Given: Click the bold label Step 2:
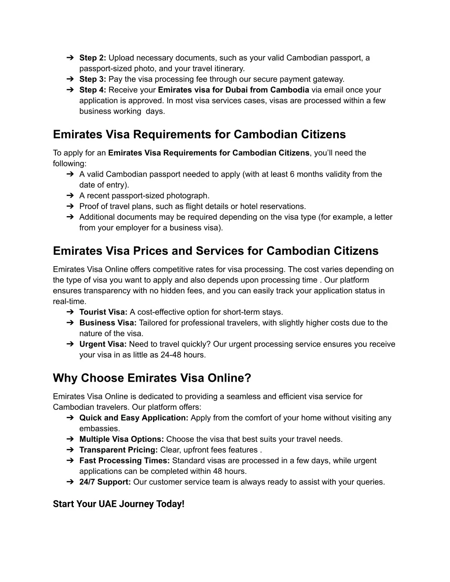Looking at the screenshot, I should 93,58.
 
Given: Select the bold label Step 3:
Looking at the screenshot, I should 93,80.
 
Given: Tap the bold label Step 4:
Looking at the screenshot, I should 93,90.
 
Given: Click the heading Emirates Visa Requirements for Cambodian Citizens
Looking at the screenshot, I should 199,134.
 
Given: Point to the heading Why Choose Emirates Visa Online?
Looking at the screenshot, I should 152,378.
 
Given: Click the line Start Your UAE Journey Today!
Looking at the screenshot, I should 119,504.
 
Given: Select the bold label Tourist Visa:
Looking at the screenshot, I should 103,312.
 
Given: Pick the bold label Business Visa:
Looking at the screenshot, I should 108,323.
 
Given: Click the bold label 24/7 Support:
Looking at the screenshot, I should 105,482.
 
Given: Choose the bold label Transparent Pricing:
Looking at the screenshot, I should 119,450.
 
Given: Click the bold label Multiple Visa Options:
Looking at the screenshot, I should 122,439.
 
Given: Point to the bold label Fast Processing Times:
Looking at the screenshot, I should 124,461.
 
